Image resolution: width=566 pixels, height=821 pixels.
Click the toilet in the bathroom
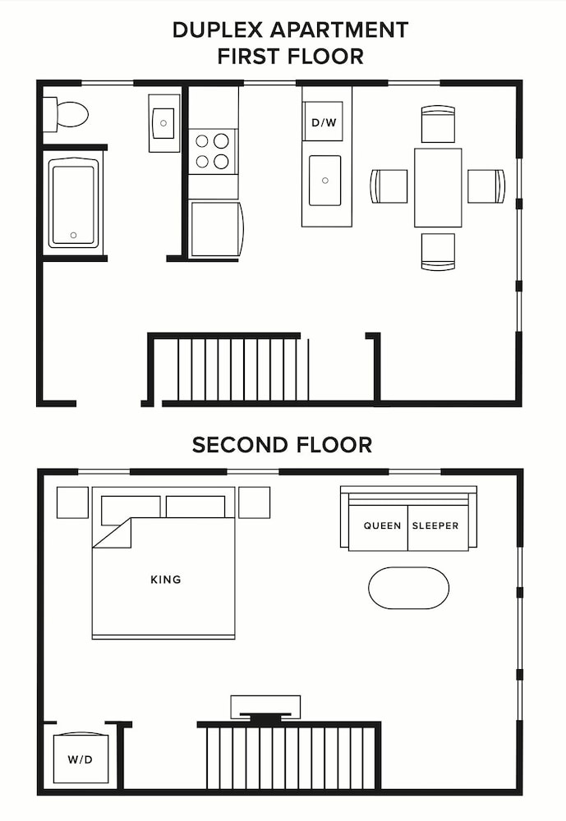67,114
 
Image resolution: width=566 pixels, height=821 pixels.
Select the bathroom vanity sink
164,123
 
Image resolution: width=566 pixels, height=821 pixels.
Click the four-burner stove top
213,151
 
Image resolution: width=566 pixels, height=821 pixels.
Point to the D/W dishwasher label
322,122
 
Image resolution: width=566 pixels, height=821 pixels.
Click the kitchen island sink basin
324,180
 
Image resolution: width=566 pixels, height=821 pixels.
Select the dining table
438,187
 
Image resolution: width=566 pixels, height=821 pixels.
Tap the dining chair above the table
438,124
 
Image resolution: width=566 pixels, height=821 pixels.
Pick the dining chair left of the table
389,186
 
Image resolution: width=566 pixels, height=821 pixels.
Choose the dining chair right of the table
486,186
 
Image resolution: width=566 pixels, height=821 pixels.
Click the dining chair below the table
438,251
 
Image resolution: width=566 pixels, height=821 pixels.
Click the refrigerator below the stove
216,228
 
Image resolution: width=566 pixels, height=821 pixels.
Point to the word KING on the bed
165,580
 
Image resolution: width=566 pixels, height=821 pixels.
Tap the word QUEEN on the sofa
383,525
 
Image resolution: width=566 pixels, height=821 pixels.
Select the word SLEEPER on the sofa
435,525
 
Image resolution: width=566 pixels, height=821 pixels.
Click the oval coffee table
408,588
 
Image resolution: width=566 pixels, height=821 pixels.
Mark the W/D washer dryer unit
80,759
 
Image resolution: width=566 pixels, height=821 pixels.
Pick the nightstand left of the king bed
72,502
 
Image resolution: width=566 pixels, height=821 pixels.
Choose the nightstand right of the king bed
254,502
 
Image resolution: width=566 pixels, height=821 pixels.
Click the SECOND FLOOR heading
282,445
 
